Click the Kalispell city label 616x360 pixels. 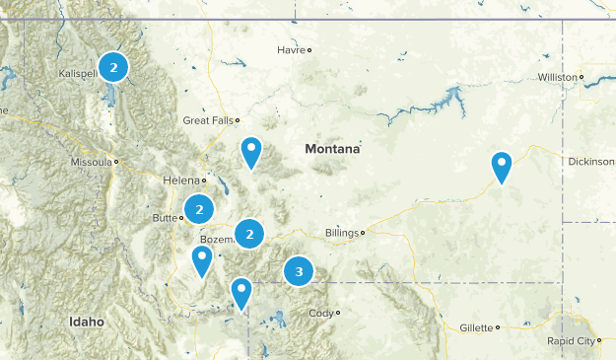click(77, 74)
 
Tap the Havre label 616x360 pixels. click(291, 49)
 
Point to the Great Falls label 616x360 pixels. click(209, 120)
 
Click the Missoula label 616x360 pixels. click(92, 161)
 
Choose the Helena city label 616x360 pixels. click(181, 180)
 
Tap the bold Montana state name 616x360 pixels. click(332, 149)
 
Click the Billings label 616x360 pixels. click(342, 234)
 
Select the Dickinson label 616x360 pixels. click(590, 162)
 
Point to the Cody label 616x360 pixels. click(321, 314)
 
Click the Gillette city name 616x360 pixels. click(478, 327)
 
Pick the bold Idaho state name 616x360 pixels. click(86, 323)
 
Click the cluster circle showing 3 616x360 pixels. click(299, 270)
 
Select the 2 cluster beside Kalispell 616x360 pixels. click(113, 67)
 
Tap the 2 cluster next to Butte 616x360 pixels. click(200, 209)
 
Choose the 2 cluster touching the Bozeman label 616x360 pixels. click(250, 234)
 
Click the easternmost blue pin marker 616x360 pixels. click(503, 166)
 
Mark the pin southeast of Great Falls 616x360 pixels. click(252, 152)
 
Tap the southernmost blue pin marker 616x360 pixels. click(241, 292)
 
